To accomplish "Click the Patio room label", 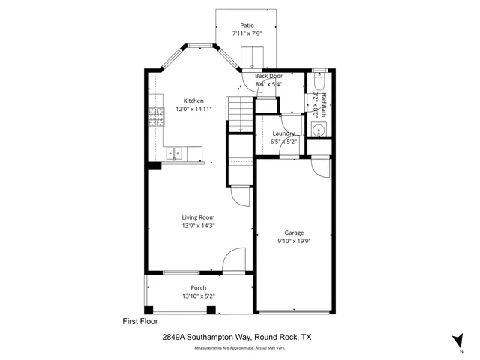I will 247,25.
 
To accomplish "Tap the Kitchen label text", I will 193,100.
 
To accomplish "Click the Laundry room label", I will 283,133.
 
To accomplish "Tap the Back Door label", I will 268,76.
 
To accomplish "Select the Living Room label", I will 198,217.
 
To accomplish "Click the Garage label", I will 293,232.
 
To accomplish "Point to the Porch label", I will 198,288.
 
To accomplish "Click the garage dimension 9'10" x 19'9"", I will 293,240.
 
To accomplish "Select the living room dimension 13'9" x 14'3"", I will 198,226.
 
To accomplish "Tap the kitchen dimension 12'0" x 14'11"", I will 193,109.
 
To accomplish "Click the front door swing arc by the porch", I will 232,258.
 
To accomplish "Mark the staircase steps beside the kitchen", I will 238,116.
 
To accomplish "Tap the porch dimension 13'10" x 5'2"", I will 198,296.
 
